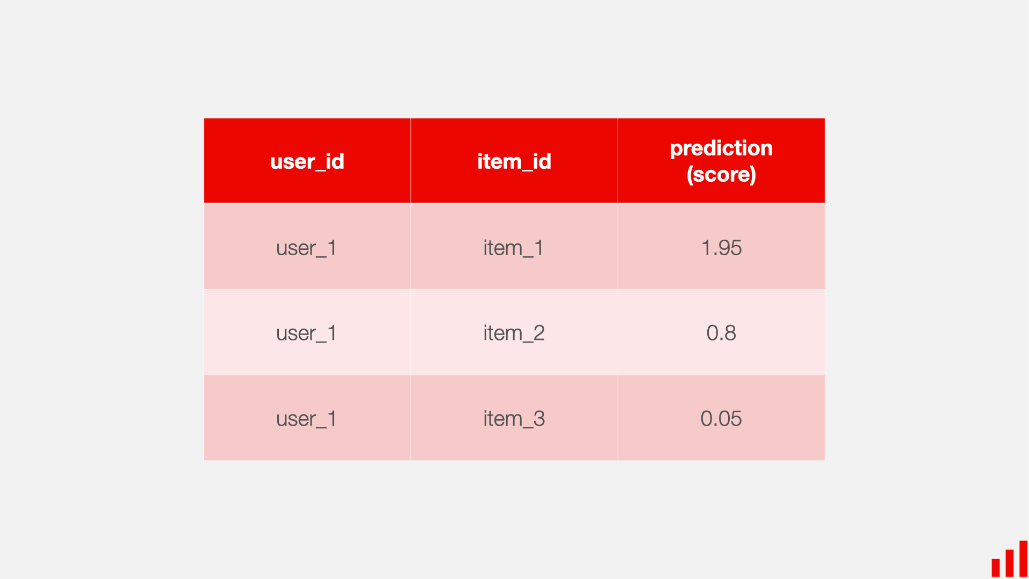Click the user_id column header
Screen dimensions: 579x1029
(x=307, y=161)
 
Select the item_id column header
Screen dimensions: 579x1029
(x=514, y=161)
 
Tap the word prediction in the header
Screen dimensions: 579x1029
(x=721, y=148)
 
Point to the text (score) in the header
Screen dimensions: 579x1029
(x=721, y=175)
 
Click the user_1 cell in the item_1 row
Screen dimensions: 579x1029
(x=306, y=248)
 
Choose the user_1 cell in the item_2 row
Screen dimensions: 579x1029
(x=306, y=333)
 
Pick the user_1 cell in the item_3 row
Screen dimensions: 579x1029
(x=306, y=419)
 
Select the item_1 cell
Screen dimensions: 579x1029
(x=513, y=248)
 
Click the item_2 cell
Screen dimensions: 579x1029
(x=513, y=333)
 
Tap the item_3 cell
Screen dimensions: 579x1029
(x=513, y=419)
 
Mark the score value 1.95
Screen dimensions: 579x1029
(x=721, y=248)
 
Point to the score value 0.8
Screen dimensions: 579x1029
(x=721, y=333)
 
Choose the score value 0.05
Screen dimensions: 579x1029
(x=721, y=419)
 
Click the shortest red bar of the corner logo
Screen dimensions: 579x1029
(x=996, y=567)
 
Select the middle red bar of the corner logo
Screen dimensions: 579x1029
(x=1010, y=562)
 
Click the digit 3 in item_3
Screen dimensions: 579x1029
(x=539, y=419)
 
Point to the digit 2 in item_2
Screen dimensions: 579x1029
(x=539, y=333)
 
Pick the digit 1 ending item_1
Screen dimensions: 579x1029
(x=539, y=248)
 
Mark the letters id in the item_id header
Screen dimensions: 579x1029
(x=542, y=161)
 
